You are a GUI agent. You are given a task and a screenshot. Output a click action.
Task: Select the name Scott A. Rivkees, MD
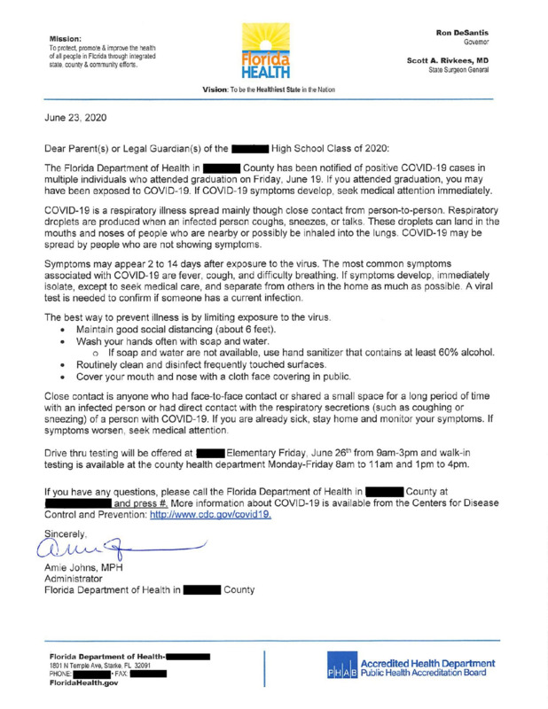453,61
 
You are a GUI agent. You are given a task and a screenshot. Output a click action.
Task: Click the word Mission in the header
67,39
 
